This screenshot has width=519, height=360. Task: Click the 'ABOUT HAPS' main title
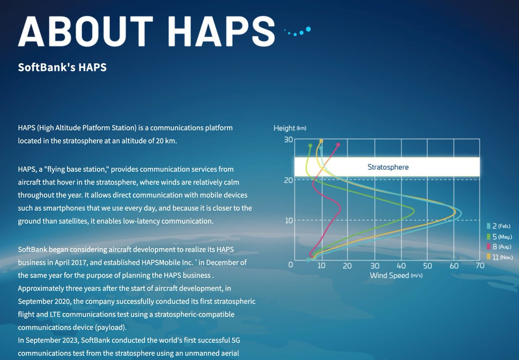[147, 31]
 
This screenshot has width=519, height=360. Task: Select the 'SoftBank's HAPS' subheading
[62, 67]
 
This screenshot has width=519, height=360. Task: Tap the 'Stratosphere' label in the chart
[388, 167]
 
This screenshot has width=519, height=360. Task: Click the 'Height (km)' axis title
[290, 128]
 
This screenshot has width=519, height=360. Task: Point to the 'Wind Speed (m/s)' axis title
[396, 275]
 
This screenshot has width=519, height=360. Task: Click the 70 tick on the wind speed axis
[480, 265]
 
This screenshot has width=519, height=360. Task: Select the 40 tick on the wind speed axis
[401, 266]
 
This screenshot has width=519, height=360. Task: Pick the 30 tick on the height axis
[288, 140]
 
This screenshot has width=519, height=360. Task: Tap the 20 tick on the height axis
[288, 180]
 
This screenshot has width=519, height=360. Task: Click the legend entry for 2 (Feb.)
[499, 226]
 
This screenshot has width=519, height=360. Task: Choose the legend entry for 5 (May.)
[499, 237]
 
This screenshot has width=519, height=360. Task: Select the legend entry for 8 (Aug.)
[499, 247]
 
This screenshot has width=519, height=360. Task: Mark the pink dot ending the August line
[338, 145]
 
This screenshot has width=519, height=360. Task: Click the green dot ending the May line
[310, 145]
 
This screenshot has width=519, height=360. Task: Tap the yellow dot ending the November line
[321, 141]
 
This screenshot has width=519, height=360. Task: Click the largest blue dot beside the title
[308, 29]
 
